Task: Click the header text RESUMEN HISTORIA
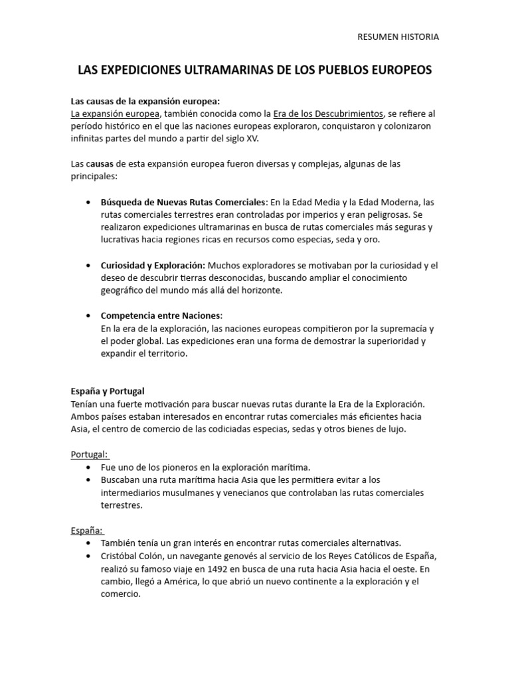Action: (x=398, y=37)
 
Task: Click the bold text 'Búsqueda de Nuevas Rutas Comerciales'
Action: (x=183, y=202)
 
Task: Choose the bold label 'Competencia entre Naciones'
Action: (x=161, y=315)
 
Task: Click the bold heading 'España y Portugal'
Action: (x=108, y=391)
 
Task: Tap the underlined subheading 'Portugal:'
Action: (x=90, y=454)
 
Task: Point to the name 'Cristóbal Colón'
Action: (x=133, y=556)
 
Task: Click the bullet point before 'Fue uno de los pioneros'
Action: (x=88, y=467)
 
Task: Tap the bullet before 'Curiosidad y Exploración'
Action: (x=88, y=265)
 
